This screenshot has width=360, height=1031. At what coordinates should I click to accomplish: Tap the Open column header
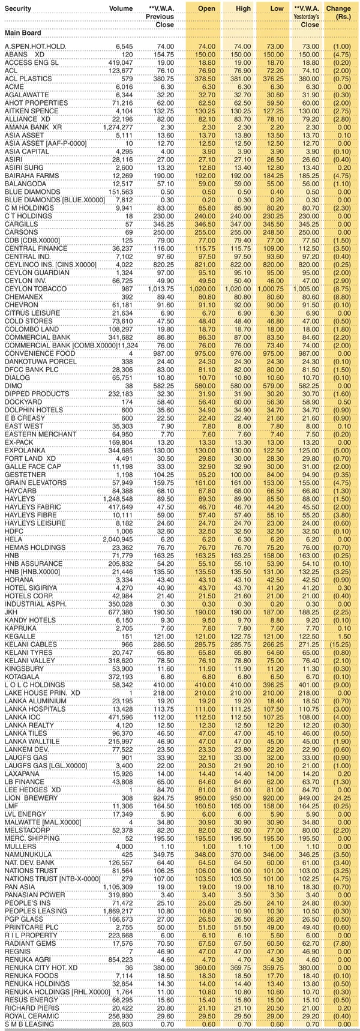(206, 9)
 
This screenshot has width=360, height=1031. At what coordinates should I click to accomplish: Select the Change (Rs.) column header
(338, 13)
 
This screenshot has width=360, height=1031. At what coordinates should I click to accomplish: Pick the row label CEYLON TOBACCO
(31, 289)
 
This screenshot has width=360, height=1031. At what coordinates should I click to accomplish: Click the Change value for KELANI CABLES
(340, 645)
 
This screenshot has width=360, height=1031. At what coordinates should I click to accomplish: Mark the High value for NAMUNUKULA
(241, 854)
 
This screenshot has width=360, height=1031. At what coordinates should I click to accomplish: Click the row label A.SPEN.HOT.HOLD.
(35, 46)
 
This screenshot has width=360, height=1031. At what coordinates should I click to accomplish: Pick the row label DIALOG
(16, 378)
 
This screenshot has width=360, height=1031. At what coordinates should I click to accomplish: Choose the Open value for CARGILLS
(205, 224)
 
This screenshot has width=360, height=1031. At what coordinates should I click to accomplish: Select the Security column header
(19, 9)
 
